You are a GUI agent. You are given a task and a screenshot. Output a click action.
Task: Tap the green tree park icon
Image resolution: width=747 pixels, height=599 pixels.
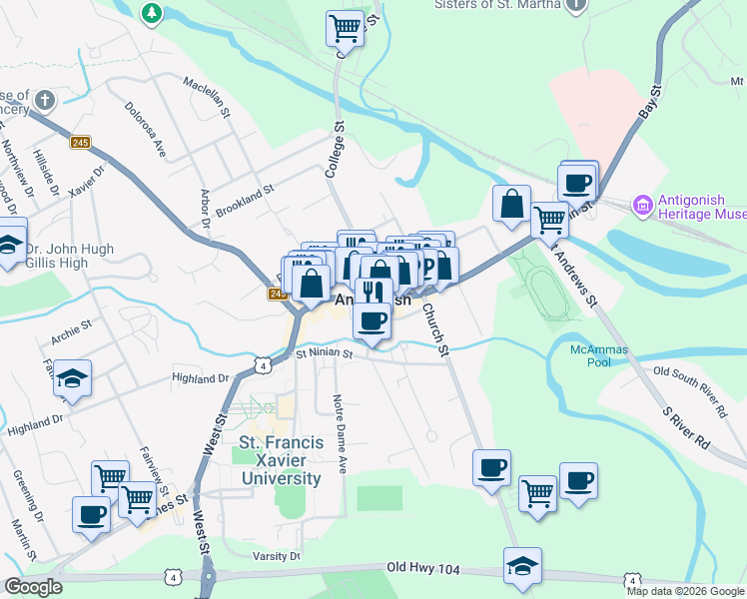(x=151, y=13)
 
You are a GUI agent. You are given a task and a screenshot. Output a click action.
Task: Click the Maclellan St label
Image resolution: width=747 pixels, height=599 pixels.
(x=206, y=101)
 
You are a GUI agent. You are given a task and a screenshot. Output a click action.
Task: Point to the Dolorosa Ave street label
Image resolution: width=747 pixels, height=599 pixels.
(x=145, y=129)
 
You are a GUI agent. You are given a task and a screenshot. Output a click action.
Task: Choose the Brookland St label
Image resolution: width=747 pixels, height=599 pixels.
(x=244, y=197)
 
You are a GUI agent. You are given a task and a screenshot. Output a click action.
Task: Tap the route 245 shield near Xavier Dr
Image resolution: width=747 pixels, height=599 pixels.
(x=81, y=143)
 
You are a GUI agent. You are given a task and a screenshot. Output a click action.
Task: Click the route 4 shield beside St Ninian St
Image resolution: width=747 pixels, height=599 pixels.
(x=261, y=365)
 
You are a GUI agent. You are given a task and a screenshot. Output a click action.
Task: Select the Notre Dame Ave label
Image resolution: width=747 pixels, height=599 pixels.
(x=339, y=433)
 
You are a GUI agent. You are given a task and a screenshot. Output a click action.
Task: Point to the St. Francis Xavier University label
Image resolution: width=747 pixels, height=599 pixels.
(x=280, y=460)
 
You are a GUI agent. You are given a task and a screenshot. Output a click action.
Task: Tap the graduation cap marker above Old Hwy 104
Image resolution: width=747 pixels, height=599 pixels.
(x=523, y=565)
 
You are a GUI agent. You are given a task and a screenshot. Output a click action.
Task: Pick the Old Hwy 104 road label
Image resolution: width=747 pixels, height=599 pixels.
(x=423, y=568)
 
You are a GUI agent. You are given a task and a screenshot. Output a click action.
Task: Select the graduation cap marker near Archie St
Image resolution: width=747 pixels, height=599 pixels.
(x=73, y=377)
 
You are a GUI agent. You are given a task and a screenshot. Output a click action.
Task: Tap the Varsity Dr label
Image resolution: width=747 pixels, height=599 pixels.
(x=277, y=555)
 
